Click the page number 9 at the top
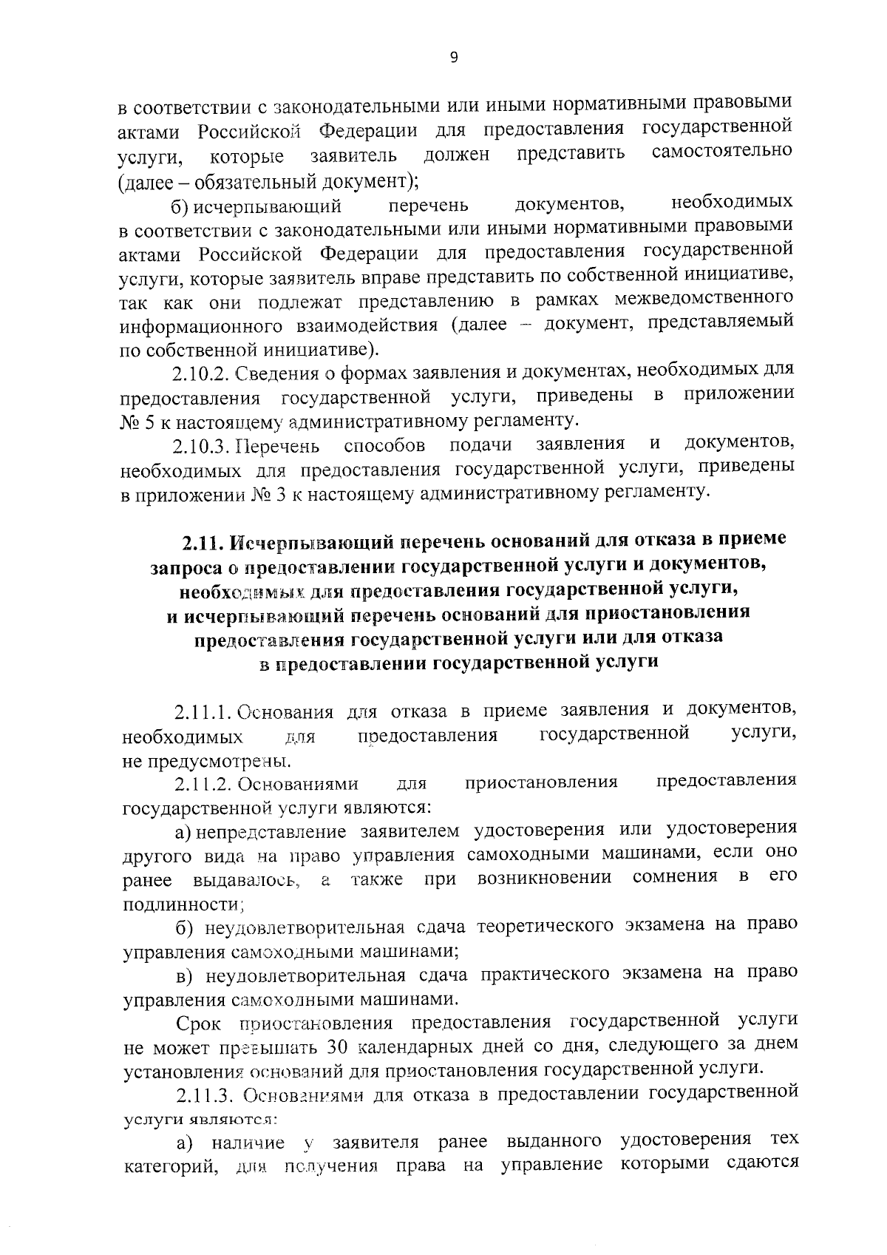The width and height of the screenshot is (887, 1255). pos(454,58)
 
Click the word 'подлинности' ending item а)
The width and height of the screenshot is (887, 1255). pos(181,904)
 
